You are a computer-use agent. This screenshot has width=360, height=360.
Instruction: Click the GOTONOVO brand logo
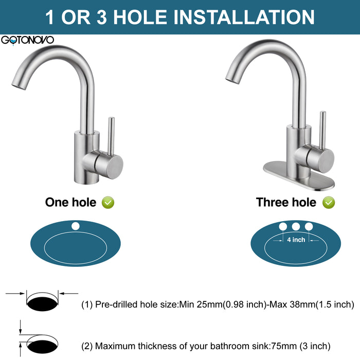tap(27, 40)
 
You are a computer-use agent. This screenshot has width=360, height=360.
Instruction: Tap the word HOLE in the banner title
tap(140, 17)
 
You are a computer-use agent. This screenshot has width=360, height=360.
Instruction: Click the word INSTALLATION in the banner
tap(244, 17)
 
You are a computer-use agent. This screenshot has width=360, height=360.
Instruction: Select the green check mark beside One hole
tap(108, 203)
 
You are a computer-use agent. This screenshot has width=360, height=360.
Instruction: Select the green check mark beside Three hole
tap(329, 203)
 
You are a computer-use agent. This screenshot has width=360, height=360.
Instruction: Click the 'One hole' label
tap(71, 202)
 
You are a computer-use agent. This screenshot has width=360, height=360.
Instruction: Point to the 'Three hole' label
tap(286, 202)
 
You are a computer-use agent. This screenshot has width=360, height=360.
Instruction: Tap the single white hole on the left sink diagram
tap(75, 226)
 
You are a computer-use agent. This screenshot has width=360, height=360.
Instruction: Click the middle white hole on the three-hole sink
tap(296, 227)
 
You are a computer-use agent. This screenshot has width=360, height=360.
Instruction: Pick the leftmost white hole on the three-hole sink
tap(283, 227)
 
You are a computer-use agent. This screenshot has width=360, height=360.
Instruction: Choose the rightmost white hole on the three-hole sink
tap(309, 227)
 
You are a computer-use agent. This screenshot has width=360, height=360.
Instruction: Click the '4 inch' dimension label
tap(296, 240)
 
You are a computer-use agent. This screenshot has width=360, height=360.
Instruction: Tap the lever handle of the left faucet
tap(111, 136)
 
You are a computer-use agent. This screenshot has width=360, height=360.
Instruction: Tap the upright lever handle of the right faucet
tap(323, 130)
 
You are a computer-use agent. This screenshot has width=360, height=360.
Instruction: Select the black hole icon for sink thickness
tap(43, 347)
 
